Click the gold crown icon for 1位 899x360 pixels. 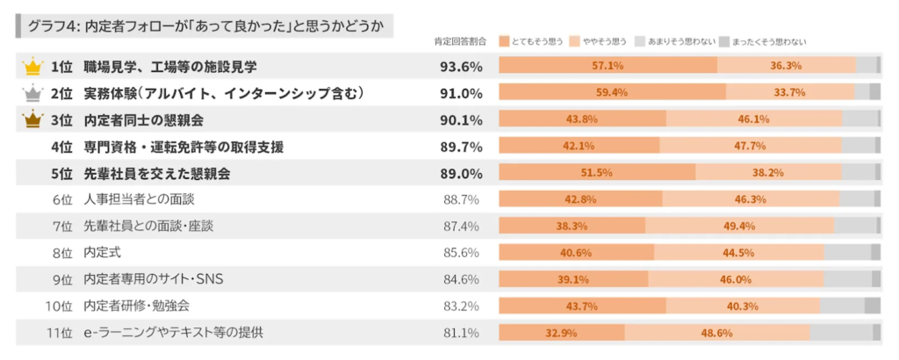pos(32,66)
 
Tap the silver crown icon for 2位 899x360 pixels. pos(32,92)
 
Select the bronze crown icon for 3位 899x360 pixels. pos(32,119)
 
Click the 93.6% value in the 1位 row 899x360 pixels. pos(461,66)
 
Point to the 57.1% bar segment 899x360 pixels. pos(608,66)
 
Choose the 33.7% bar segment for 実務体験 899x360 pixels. pos(790,92)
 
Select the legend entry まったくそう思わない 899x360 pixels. pos(762,41)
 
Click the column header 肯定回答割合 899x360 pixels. pos(461,41)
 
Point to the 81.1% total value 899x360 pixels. pos(461,333)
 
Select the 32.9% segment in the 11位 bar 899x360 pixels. pos(562,333)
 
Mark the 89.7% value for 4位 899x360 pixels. pos(461,146)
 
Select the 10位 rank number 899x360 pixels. pos(58,306)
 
